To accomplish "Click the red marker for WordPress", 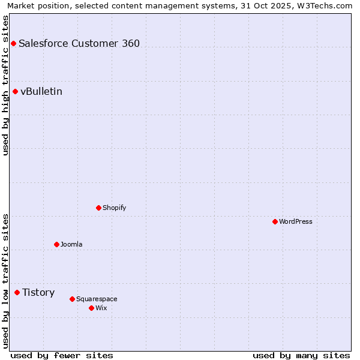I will tap(275, 221).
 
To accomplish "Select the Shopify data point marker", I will tap(98, 208).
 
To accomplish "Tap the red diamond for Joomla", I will tap(56, 244).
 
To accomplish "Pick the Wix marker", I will tap(91, 308).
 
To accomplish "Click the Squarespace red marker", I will tap(72, 299).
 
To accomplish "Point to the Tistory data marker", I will tap(17, 292).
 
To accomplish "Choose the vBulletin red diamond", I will tap(15, 91).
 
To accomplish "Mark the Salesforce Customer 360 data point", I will tap(13, 43).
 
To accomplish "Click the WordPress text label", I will tap(296, 221).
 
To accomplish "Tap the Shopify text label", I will tap(114, 208).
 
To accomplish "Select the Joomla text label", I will tap(71, 244).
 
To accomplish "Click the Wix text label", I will tap(101, 308).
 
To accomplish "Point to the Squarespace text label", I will tap(97, 299).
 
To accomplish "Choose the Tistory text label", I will tap(38, 292).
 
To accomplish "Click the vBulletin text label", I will tap(41, 91).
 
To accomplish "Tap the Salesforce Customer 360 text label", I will tap(79, 43).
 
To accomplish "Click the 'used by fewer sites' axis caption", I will tap(62, 355).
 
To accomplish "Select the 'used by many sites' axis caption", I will tap(301, 355).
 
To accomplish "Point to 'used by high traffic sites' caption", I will tap(6, 85).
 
